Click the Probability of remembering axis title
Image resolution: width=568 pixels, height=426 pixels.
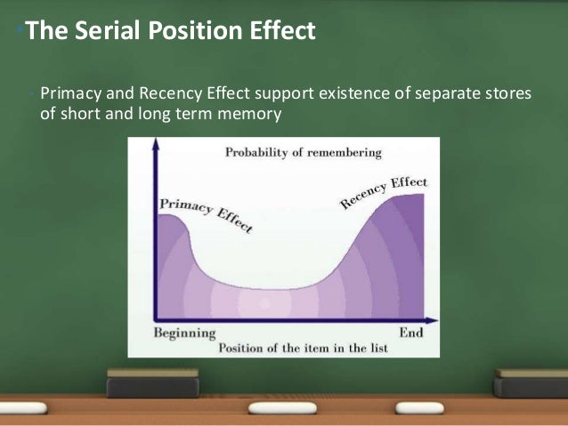pyautogui.click(x=302, y=152)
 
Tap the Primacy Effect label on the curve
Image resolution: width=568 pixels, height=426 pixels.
pyautogui.click(x=206, y=214)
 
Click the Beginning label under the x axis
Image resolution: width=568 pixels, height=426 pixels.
pyautogui.click(x=184, y=334)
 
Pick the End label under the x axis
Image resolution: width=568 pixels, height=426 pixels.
pyautogui.click(x=410, y=334)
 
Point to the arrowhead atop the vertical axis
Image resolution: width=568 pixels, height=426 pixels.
pyautogui.click(x=156, y=142)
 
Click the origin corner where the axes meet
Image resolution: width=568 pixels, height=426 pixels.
pyautogui.click(x=157, y=320)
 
